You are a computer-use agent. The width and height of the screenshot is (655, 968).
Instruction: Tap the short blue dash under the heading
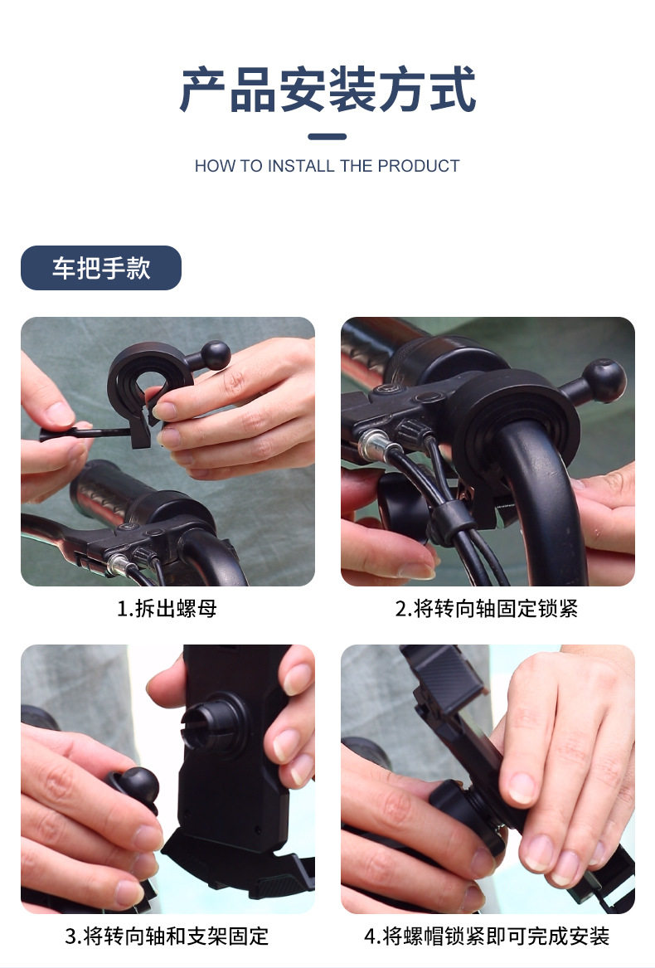[327, 136]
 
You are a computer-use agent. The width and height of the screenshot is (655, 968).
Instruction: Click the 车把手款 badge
[101, 268]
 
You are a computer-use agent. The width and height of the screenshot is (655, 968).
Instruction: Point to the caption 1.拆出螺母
[167, 609]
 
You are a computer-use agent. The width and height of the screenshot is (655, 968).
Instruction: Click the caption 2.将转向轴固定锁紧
[487, 609]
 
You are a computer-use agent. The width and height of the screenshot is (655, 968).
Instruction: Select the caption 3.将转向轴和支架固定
[167, 936]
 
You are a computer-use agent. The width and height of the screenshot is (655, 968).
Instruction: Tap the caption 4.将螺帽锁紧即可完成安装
[487, 936]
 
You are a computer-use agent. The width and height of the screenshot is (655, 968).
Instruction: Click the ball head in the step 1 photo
[216, 355]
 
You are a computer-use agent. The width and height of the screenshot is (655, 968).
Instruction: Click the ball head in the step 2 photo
[604, 380]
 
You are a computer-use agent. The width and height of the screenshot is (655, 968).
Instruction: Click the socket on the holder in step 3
[213, 723]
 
